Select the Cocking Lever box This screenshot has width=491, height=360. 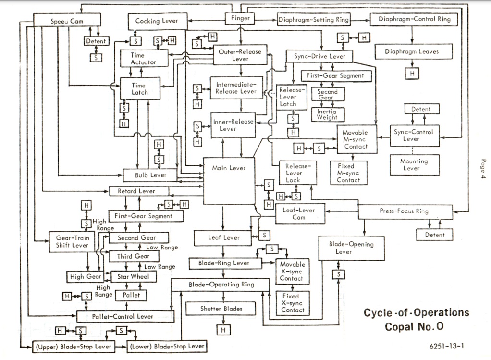click(x=156, y=21)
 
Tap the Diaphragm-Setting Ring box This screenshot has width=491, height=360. click(x=314, y=20)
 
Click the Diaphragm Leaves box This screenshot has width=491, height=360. click(x=411, y=52)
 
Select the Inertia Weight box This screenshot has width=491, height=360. click(x=327, y=114)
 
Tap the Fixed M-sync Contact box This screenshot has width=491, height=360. click(x=348, y=173)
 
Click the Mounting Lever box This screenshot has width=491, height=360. click(x=414, y=165)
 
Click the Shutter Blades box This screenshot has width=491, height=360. click(x=221, y=309)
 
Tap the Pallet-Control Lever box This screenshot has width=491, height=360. click(x=125, y=316)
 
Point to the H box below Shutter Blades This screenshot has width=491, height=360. click(x=222, y=330)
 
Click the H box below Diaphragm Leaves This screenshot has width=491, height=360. click(x=412, y=74)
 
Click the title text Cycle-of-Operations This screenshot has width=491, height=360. click(x=416, y=313)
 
